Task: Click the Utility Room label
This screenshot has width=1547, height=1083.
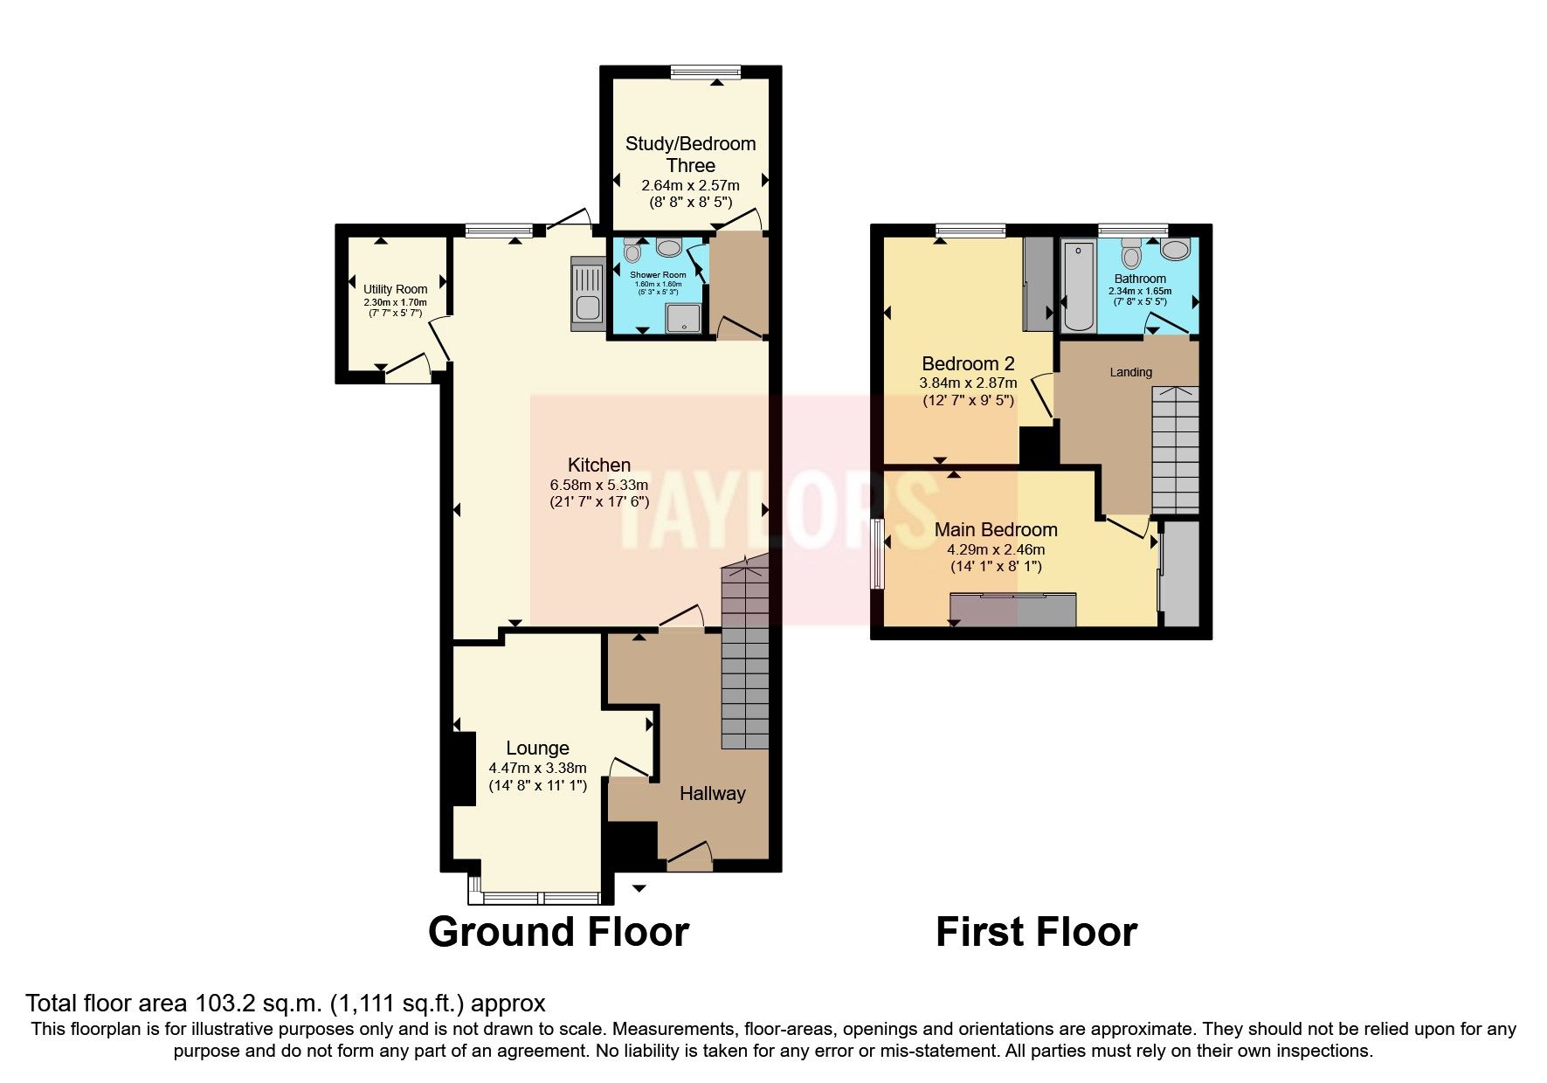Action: (x=396, y=289)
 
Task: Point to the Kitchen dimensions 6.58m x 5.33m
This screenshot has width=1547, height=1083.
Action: (x=598, y=485)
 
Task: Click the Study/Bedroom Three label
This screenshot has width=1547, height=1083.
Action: (x=690, y=154)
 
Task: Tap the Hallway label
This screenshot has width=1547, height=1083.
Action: (x=713, y=793)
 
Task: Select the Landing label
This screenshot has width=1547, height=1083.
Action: (x=1130, y=372)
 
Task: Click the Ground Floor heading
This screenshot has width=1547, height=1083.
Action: (x=558, y=932)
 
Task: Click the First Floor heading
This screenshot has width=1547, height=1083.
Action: (x=1036, y=932)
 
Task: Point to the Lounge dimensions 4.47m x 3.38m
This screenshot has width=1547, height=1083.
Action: (x=537, y=768)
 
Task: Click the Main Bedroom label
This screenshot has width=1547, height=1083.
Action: (x=996, y=529)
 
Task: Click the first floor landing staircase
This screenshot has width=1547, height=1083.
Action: (x=1175, y=450)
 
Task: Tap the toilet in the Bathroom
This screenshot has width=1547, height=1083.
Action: (x=1132, y=255)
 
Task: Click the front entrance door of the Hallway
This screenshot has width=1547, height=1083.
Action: (x=690, y=856)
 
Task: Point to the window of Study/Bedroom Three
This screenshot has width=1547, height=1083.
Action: (x=706, y=72)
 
